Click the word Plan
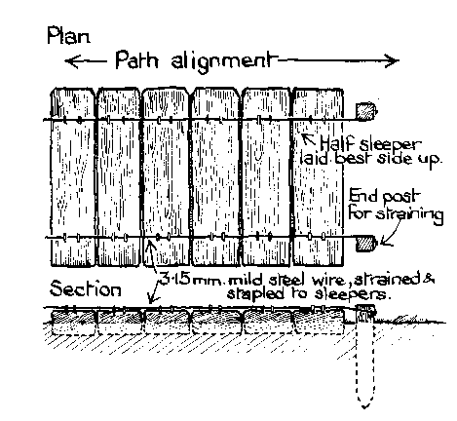coord(68,36)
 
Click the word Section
coord(85,288)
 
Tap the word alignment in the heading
coord(220,61)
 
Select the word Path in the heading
coord(136,60)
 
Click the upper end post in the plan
coord(366,111)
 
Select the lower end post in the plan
coord(366,243)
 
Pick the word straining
coord(409,214)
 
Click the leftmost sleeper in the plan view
coord(73,177)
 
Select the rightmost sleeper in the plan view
coord(318,177)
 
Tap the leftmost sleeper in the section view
coord(74,323)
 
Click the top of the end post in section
coord(365,307)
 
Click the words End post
coord(384,197)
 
